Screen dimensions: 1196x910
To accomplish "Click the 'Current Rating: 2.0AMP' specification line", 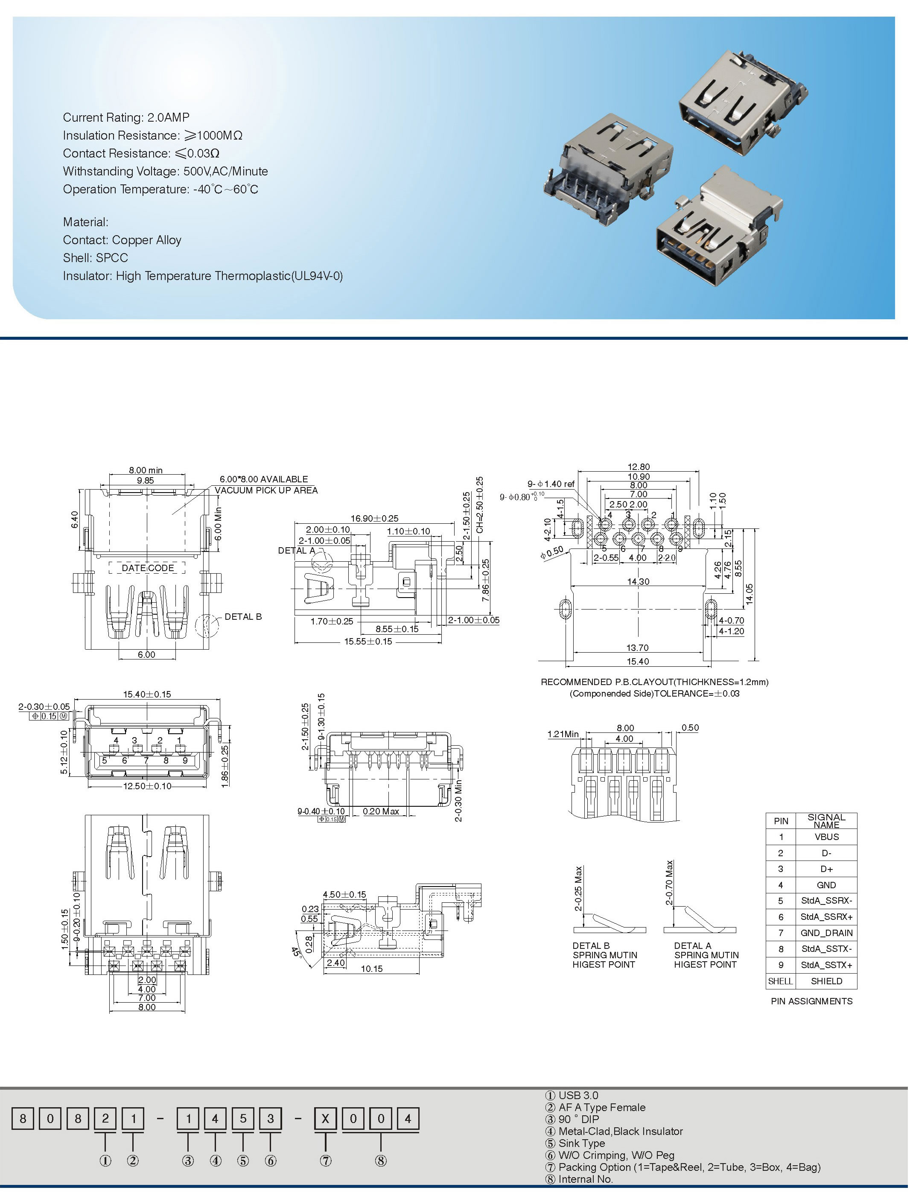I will tap(126, 117).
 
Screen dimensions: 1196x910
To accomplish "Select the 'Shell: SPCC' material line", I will tap(95, 258).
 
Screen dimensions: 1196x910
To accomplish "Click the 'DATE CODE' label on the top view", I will tap(148, 568).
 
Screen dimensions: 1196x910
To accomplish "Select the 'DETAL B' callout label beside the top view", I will tap(243, 616).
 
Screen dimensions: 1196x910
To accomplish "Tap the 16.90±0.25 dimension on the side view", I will tap(374, 518).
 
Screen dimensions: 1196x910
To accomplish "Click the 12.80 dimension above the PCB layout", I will tap(639, 467).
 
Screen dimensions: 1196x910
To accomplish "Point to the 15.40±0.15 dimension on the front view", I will tap(147, 694).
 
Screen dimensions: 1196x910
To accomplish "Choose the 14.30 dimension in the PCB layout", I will tap(638, 582).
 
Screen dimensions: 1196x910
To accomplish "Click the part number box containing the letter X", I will tap(326, 1119).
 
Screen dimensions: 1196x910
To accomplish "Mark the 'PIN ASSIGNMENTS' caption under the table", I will tap(811, 1001).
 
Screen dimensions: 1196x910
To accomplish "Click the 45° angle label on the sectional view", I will tap(296, 952).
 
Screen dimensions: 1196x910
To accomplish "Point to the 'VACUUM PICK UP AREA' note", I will tap(266, 490).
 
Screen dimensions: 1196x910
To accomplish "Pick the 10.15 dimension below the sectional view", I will tap(372, 968).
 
